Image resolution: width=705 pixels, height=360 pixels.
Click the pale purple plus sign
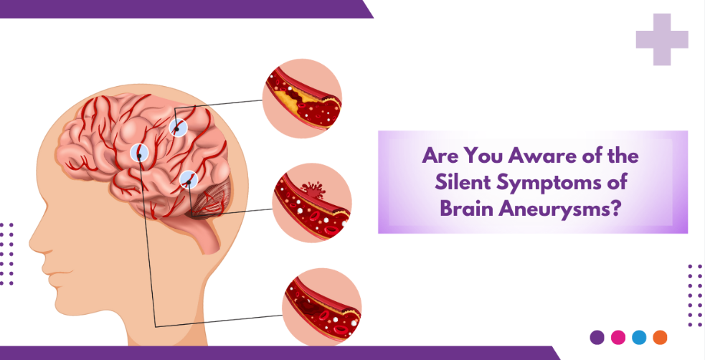(x=662, y=39)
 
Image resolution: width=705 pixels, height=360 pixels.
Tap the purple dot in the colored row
(x=597, y=337)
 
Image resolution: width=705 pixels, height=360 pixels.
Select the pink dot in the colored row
(x=618, y=337)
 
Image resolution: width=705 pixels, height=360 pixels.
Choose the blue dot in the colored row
(x=639, y=337)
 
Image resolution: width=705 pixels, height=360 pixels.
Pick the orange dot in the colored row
(x=660, y=337)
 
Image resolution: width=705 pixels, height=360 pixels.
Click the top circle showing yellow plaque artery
(x=302, y=98)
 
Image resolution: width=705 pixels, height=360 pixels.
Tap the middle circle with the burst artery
(x=312, y=203)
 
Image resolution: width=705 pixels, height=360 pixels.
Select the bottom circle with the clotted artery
(x=322, y=308)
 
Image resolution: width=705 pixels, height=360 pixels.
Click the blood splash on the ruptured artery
(x=313, y=189)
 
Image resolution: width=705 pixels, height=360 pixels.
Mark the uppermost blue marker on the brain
(x=178, y=128)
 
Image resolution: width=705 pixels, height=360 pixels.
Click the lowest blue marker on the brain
(x=189, y=181)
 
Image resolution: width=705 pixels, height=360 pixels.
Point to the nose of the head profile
(x=36, y=242)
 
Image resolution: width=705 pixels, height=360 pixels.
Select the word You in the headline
(x=484, y=156)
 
